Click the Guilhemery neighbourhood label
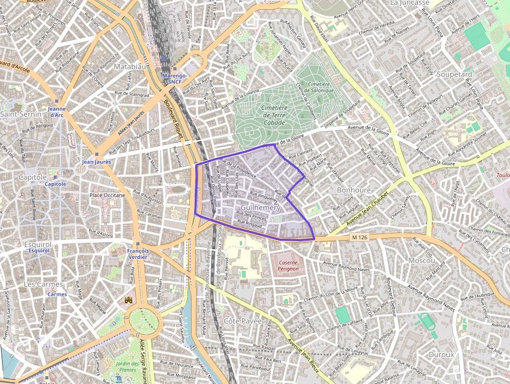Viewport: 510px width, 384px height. pyautogui.click(x=261, y=207)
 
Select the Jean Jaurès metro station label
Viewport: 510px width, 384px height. pyautogui.click(x=96, y=162)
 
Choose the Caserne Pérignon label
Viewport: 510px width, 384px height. pyautogui.click(x=288, y=266)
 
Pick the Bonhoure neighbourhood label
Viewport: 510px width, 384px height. pyautogui.click(x=354, y=190)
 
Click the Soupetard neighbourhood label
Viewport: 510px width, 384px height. pyautogui.click(x=454, y=75)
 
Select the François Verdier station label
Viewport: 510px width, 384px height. pyautogui.click(x=138, y=254)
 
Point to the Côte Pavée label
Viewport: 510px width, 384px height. pyautogui.click(x=243, y=321)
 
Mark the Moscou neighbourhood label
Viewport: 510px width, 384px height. pyautogui.click(x=422, y=260)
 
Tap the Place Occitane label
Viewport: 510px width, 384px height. pyautogui.click(x=108, y=195)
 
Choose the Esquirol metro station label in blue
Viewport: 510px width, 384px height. pyautogui.click(x=40, y=251)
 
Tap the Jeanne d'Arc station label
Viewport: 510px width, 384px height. pyautogui.click(x=56, y=112)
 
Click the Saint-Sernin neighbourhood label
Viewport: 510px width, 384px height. pyautogui.click(x=21, y=114)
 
